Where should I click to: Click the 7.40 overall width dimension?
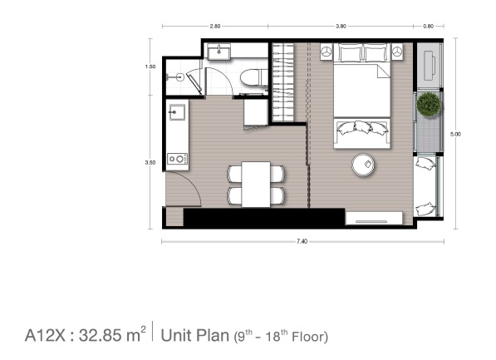(302, 242)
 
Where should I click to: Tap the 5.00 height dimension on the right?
(455, 134)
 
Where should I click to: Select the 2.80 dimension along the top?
(215, 27)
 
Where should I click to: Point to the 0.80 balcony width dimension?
(429, 27)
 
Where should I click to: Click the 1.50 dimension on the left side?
(150, 67)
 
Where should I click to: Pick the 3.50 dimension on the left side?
(150, 163)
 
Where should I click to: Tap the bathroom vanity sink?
(219, 51)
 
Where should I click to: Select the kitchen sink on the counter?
(177, 112)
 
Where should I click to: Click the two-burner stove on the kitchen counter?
(177, 159)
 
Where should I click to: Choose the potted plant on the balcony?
(429, 104)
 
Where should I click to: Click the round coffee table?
(363, 165)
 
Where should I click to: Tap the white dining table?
(256, 185)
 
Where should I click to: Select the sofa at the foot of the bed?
(361, 133)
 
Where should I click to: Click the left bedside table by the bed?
(327, 51)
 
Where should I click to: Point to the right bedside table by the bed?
(397, 51)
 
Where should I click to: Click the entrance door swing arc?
(192, 183)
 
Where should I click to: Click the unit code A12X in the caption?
(45, 335)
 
